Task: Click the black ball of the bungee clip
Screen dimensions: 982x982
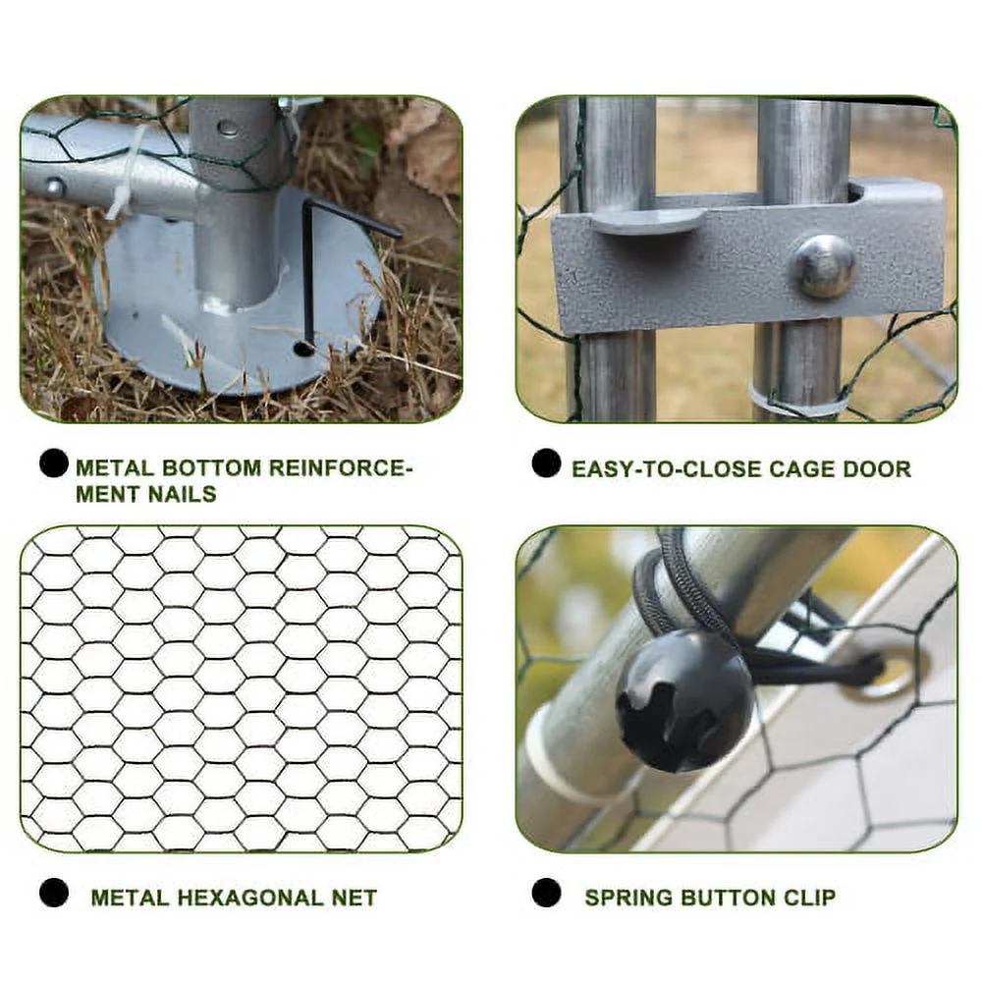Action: point(683,700)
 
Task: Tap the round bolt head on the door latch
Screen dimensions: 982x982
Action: point(823,265)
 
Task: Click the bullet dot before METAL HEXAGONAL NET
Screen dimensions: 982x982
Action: point(54,893)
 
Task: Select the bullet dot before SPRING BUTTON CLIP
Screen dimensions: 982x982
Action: point(546,893)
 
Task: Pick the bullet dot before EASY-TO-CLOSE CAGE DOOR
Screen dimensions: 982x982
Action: point(546,464)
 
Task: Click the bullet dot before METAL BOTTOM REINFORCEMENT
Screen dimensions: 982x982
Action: point(54,464)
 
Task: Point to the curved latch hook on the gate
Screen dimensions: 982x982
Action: point(648,220)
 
